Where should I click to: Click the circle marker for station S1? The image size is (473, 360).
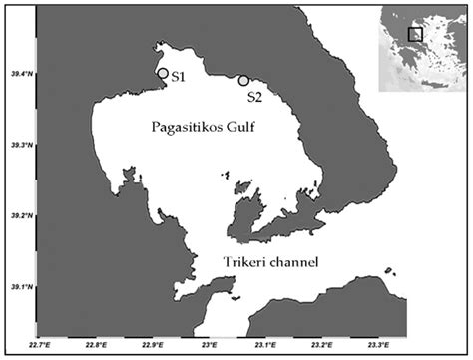click(163, 73)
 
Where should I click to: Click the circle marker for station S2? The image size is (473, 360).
click(243, 81)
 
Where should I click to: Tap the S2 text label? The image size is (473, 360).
click(257, 97)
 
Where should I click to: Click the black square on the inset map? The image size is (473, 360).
click(415, 35)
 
